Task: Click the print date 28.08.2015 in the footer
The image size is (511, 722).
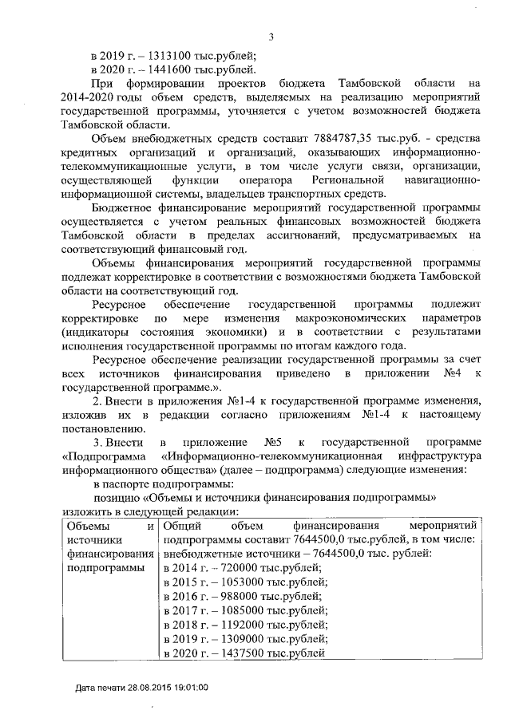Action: click(x=147, y=687)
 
